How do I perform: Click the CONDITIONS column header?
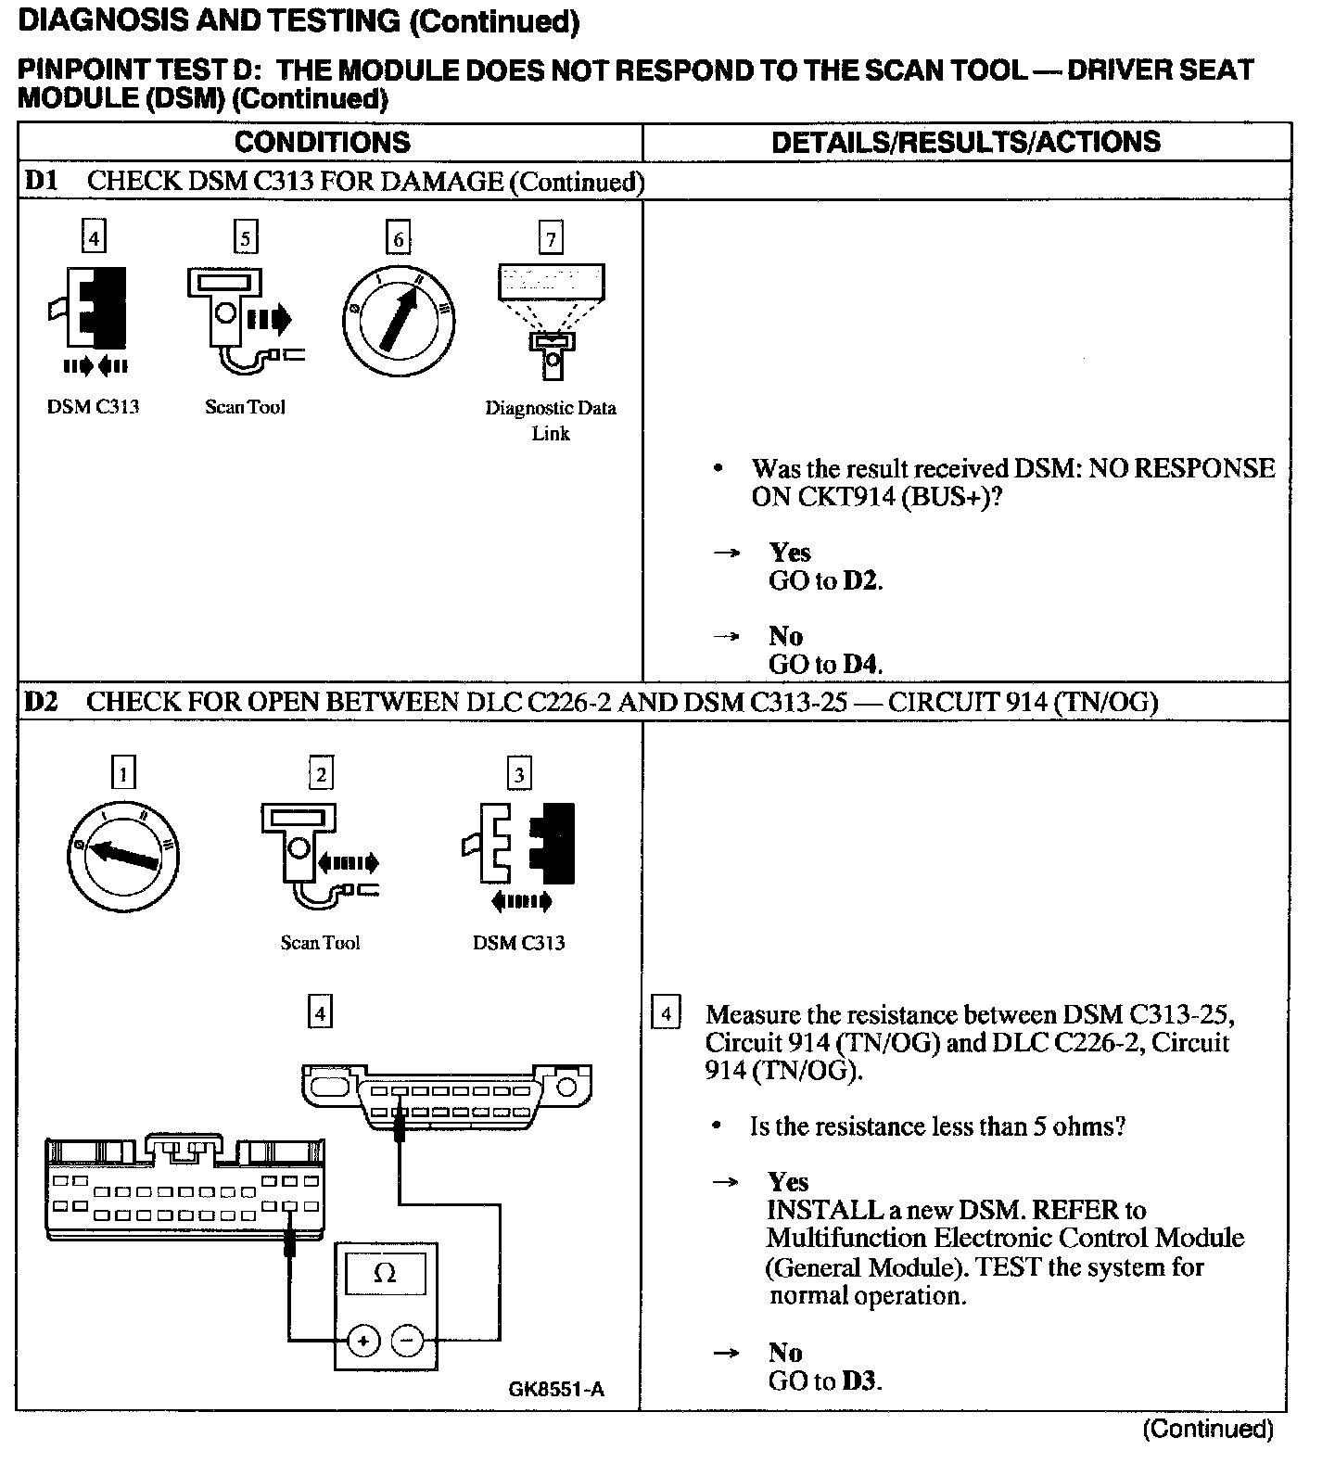coord(322,142)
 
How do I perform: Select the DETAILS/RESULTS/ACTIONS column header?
coord(965,142)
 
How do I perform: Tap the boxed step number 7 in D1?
coord(551,238)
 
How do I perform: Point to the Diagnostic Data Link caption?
coord(551,420)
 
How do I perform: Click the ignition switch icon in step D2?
coord(122,855)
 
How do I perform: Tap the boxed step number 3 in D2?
coord(519,773)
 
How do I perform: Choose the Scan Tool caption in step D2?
coord(320,943)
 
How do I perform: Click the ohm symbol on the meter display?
coord(385,1273)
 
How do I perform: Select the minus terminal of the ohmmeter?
coord(407,1341)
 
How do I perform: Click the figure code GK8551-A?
coord(556,1389)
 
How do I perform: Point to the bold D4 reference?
coord(861,665)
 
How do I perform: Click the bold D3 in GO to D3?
coord(860,1381)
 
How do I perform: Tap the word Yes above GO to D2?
coord(789,553)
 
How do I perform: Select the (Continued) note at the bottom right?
coord(1208,1429)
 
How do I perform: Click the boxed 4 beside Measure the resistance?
coord(666,1012)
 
